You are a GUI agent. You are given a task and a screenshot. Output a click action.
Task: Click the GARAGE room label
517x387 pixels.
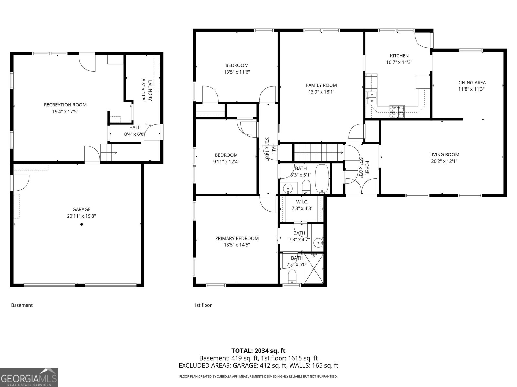[x=81, y=209]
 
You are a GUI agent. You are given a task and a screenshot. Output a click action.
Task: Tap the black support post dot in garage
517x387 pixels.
[x=82, y=224]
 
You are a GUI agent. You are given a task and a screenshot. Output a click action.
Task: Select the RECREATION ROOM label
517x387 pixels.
[x=65, y=105]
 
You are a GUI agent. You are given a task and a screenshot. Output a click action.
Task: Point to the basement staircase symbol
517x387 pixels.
[x=108, y=152]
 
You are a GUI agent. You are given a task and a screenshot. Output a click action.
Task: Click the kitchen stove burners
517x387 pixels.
[x=396, y=112]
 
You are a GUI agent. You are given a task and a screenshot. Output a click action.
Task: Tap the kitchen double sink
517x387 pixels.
[x=372, y=98]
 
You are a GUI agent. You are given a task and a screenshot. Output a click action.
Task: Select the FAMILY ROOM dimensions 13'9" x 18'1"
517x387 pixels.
[x=321, y=92]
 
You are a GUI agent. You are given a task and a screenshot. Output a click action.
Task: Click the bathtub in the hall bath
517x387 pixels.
[x=322, y=178]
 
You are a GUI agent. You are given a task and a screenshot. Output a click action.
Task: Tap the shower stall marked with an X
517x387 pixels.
[x=314, y=268]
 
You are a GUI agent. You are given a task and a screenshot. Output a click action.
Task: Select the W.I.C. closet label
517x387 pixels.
[x=302, y=202]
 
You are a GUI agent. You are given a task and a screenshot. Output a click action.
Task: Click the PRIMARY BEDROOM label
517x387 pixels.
[x=237, y=238]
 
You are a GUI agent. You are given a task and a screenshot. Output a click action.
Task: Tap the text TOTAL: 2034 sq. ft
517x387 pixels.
[x=258, y=351]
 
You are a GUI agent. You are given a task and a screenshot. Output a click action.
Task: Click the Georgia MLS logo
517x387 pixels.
[x=29, y=377]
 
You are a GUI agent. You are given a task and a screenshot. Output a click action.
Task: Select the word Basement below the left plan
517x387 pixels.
[x=22, y=305]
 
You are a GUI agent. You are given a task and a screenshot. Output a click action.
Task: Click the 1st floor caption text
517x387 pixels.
[x=203, y=305]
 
